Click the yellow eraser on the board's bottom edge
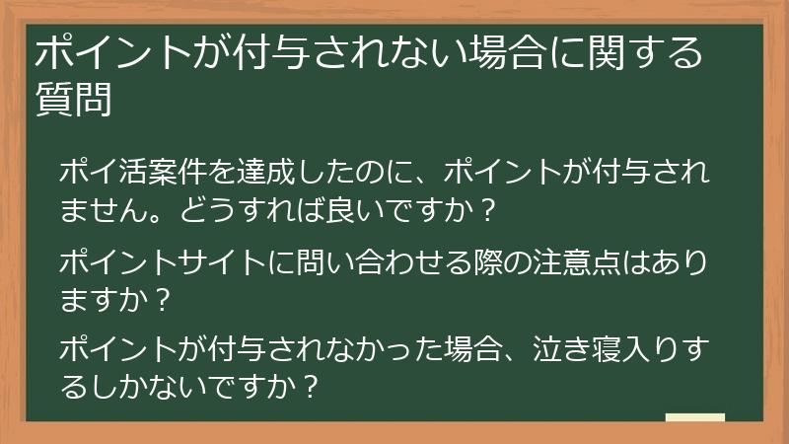pyautogui.click(x=695, y=419)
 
